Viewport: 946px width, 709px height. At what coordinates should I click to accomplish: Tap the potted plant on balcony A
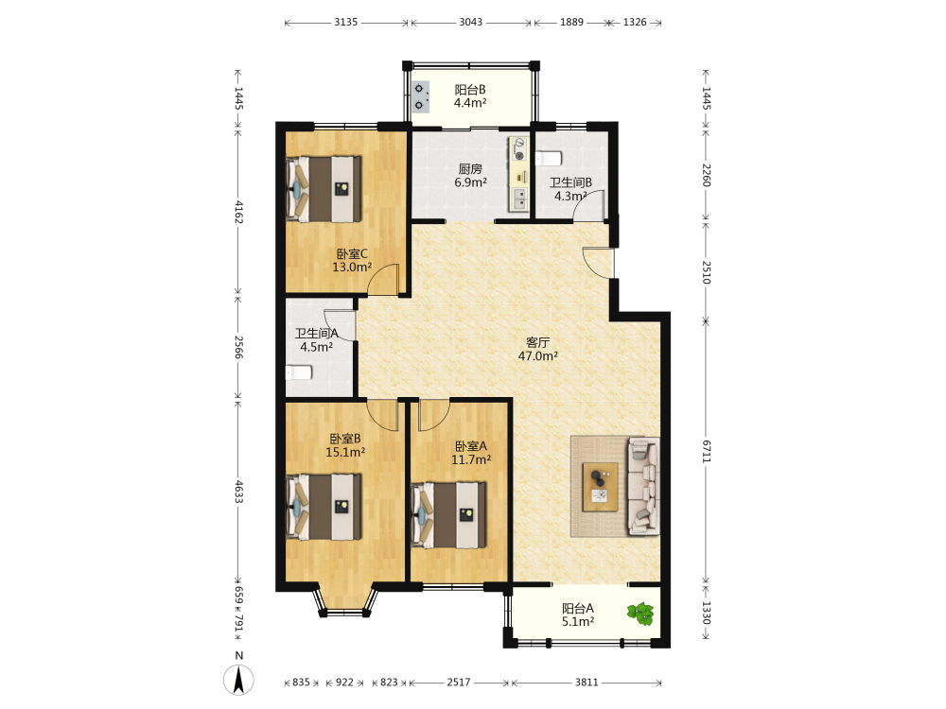[x=640, y=614]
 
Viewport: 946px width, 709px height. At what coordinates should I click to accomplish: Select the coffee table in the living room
[x=600, y=487]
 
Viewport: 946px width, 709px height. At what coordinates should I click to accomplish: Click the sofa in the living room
[x=643, y=487]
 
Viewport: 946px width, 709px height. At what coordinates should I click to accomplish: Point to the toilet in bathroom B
[x=549, y=159]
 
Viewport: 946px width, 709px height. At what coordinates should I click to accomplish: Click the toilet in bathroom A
[x=299, y=372]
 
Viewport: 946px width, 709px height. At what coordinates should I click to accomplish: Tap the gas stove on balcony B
[x=421, y=97]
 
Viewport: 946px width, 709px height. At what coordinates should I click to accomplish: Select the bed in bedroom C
[x=324, y=189]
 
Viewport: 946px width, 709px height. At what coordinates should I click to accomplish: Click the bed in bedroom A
[x=448, y=514]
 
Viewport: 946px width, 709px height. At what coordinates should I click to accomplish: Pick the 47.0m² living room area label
[x=537, y=356]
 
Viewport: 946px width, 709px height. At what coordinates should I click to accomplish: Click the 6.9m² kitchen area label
[x=470, y=182]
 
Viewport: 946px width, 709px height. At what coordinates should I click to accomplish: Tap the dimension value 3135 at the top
[x=346, y=23]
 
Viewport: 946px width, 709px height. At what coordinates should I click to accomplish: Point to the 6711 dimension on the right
[x=707, y=452]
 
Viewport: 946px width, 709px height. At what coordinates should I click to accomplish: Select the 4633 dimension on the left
[x=239, y=492]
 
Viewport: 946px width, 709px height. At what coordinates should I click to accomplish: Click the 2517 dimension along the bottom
[x=459, y=682]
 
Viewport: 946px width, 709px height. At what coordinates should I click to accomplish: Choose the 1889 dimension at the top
[x=571, y=23]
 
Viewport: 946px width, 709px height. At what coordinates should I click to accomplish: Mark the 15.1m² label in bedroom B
[x=345, y=452]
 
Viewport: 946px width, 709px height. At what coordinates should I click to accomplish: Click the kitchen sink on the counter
[x=518, y=199]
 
